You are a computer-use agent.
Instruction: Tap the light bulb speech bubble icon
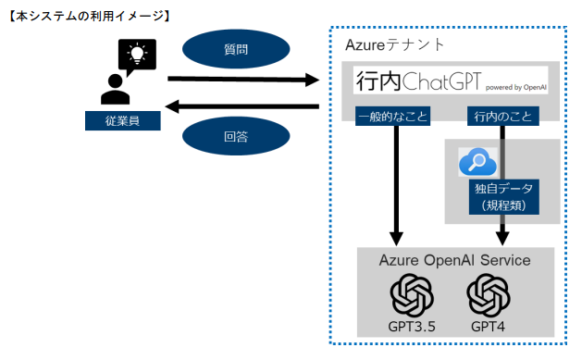click(137, 55)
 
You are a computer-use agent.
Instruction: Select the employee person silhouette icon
click(116, 88)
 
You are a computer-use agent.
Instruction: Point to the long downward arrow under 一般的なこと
click(396, 180)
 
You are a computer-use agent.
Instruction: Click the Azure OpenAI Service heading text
click(454, 260)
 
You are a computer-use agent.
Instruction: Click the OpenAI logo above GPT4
click(489, 295)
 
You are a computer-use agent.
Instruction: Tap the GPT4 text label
click(489, 326)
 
